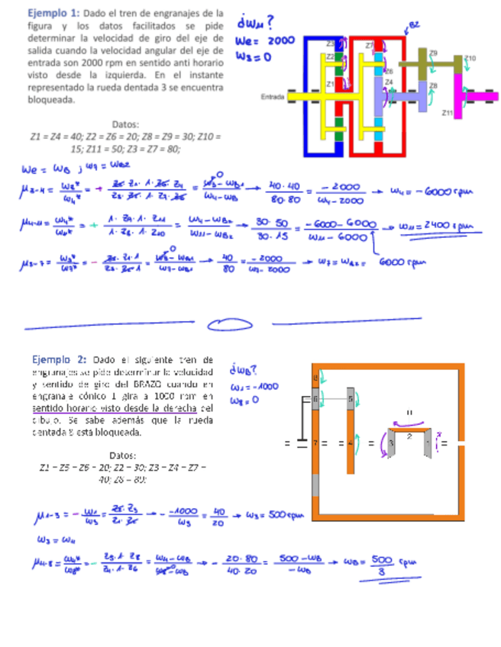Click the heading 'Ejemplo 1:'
(x=53, y=13)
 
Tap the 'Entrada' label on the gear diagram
(x=272, y=96)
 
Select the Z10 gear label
(x=470, y=58)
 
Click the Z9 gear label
(x=434, y=53)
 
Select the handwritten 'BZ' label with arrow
(x=414, y=25)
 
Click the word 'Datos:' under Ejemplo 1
(x=125, y=124)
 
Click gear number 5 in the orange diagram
(x=351, y=399)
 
